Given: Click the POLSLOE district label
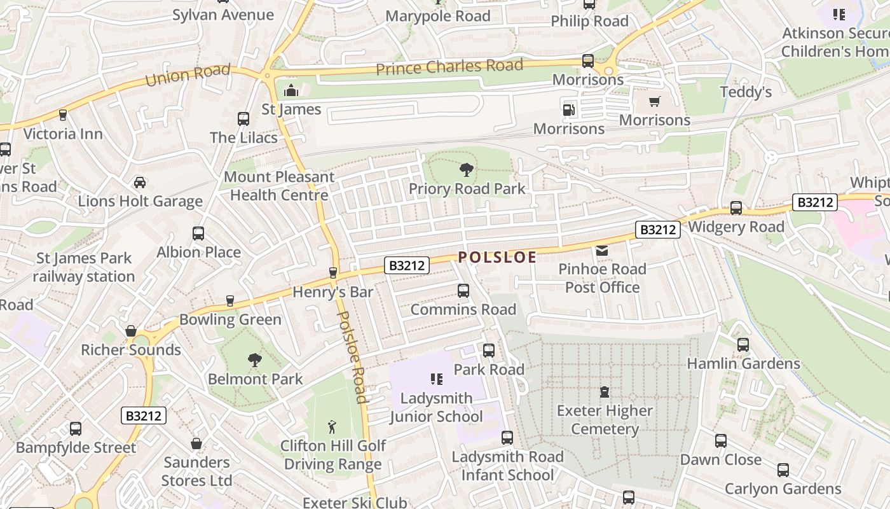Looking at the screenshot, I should pos(497,257).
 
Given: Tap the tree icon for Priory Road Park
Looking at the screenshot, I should pos(467,170).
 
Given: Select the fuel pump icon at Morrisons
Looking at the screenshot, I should pos(568,109).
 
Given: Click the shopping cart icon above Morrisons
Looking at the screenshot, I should pos(654,101).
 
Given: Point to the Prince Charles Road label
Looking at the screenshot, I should pos(449,66).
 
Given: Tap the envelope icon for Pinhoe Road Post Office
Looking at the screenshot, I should pos(601,251).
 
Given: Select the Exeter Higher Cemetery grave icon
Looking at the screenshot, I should pos(604,392).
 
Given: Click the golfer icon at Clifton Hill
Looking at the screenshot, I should pos(332,427).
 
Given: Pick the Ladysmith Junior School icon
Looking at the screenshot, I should pos(436,380).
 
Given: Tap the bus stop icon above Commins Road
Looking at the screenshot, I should pos(463,291).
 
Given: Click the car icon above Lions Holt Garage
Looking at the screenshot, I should pos(140,183).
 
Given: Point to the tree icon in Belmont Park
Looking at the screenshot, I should pos(255,360).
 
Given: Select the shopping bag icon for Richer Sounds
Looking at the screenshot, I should pos(131,331).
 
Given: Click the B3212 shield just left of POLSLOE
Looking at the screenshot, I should pos(406,265).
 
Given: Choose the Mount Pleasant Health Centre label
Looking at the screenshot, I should pos(279,186).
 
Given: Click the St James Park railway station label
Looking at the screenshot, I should pos(84,267).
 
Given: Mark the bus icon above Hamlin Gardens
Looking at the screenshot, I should pos(743,345).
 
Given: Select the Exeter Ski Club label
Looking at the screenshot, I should pos(354,503).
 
